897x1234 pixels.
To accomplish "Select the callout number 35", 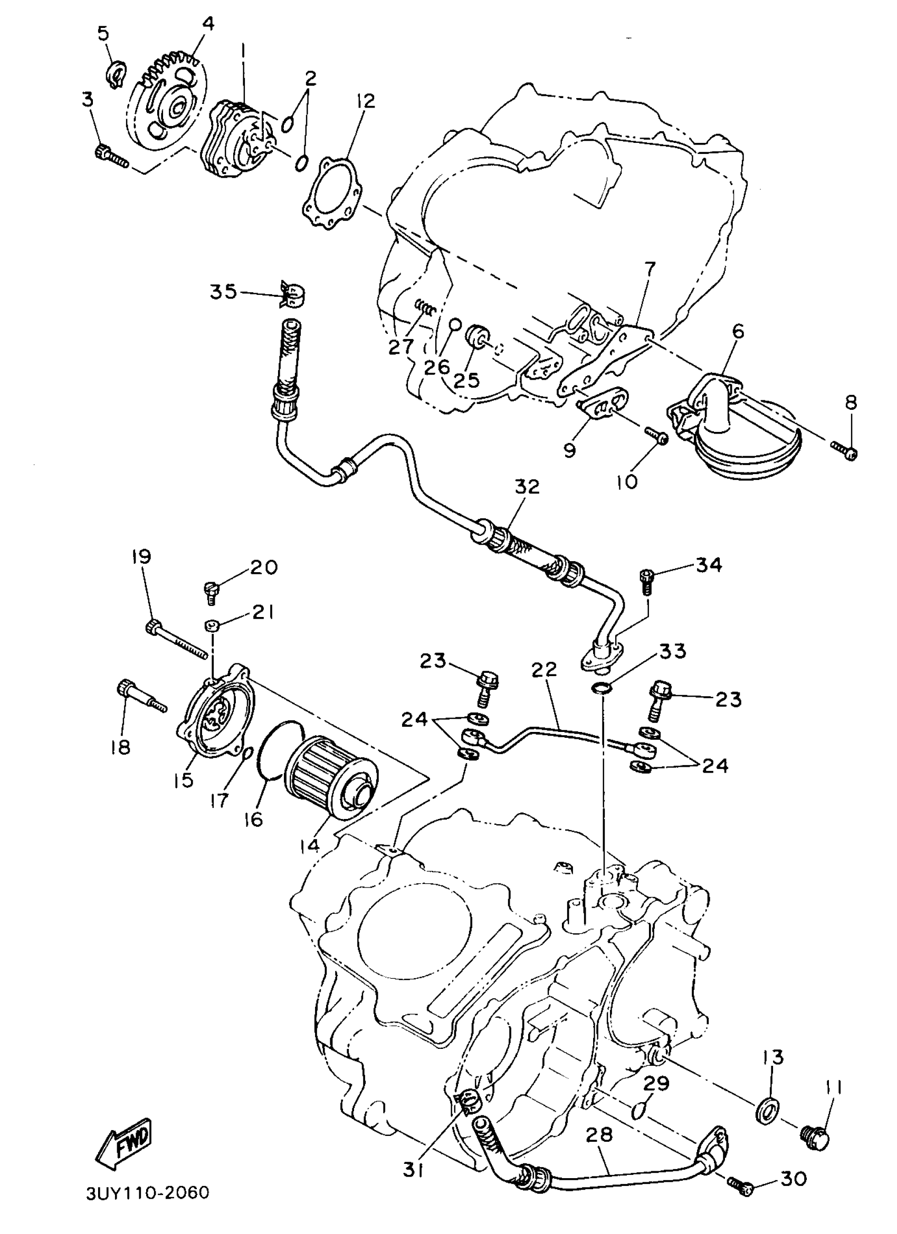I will [224, 292].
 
